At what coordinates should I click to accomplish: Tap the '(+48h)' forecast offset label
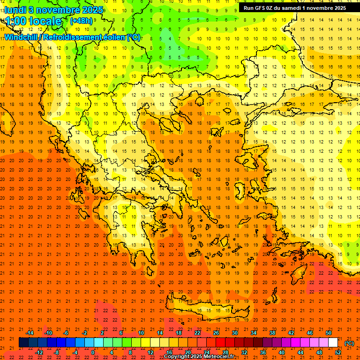click(x=81, y=21)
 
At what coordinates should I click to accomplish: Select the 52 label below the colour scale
click(x=338, y=352)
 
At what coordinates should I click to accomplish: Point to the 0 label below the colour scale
click(x=93, y=352)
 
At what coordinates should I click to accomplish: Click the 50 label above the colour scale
click(x=328, y=333)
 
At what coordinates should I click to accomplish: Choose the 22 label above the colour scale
click(x=197, y=333)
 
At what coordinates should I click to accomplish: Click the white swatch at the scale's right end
click(x=333, y=343)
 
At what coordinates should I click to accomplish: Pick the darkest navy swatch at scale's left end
click(x=23, y=343)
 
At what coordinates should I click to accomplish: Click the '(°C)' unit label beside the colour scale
click(x=349, y=343)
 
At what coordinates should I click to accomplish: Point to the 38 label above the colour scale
click(x=272, y=333)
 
